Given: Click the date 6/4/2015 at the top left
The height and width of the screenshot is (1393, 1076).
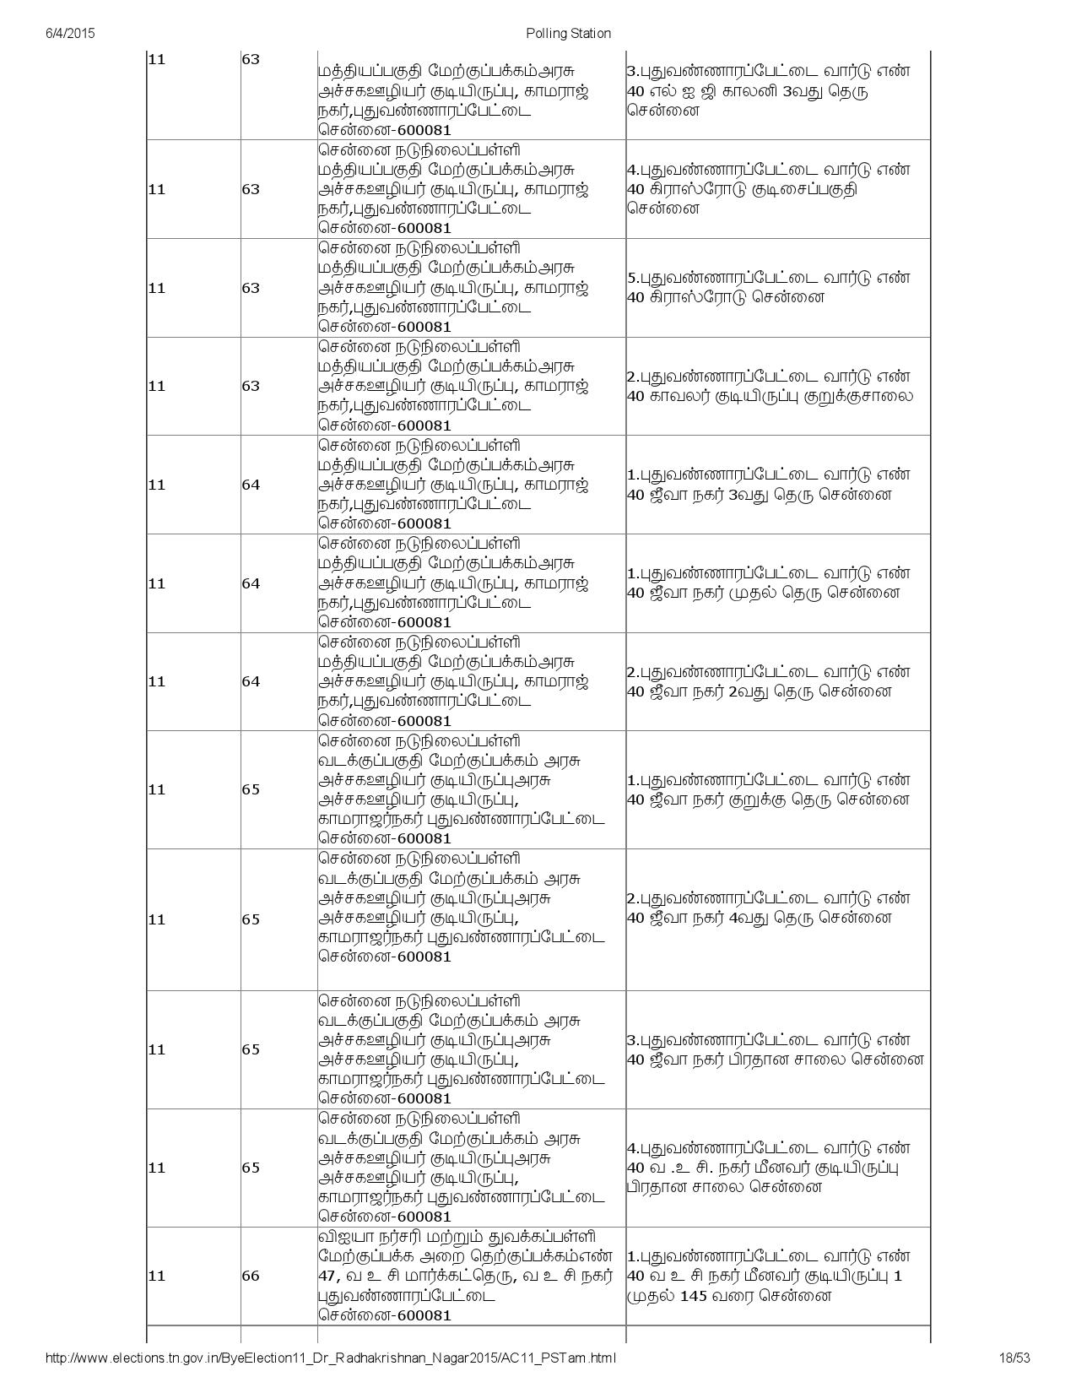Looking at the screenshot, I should click(69, 34).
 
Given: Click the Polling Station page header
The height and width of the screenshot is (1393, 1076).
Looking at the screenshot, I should click(568, 34).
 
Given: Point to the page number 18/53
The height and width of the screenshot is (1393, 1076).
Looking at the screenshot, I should click(1014, 1358).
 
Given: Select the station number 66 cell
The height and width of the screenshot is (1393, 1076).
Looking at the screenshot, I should click(251, 1276).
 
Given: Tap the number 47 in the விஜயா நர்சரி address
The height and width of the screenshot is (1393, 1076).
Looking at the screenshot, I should click(327, 1276).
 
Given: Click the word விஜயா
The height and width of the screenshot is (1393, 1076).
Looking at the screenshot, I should click(343, 1237).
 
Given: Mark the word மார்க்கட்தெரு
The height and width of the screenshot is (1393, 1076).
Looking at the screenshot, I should click(452, 1276).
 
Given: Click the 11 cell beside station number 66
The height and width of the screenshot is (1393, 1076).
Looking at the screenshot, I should click(156, 1276).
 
